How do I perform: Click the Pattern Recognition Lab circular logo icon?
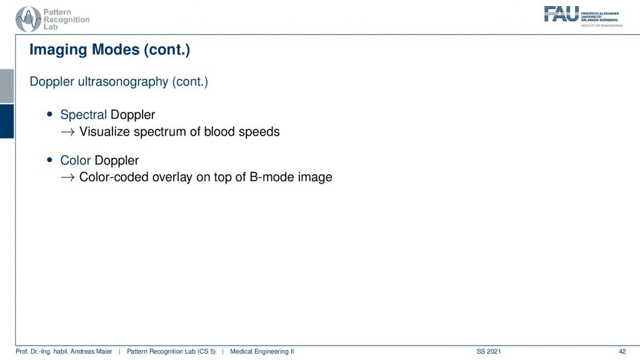coord(28,19)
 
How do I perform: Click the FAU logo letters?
coord(562,14)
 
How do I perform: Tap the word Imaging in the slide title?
coord(59,50)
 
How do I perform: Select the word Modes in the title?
coord(116,49)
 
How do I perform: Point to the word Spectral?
coord(83,115)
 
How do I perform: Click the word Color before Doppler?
coord(76,160)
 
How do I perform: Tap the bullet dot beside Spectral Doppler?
coord(50,115)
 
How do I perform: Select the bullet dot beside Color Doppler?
coord(50,160)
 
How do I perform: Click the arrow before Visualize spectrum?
coord(67,132)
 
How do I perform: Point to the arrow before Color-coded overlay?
coord(67,177)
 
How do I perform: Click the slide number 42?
coord(622,351)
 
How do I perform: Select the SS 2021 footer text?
coord(489,351)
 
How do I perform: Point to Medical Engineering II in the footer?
coord(262,351)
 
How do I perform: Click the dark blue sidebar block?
coord(7,121)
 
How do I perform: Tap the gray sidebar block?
coord(7,86)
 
